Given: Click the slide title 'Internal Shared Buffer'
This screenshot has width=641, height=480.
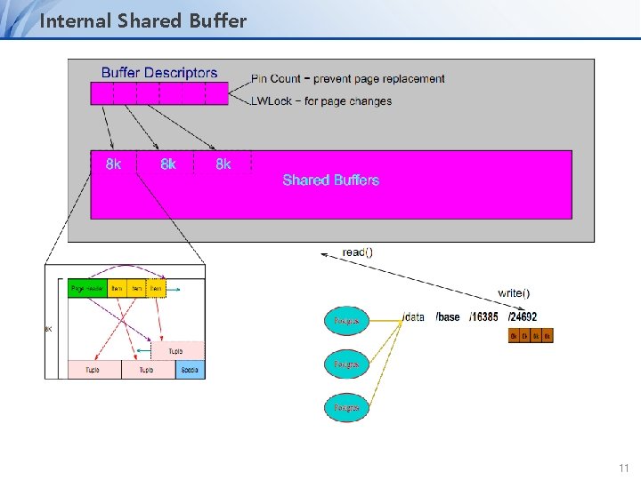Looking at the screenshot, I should [143, 20].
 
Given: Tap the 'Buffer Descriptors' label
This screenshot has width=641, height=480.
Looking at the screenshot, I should [159, 73].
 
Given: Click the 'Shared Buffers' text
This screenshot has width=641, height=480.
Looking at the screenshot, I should [330, 180].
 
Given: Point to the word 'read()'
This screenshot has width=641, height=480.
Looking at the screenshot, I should [357, 252].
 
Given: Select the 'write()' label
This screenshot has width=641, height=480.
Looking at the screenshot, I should [514, 292].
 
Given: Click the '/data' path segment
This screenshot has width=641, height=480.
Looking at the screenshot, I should [414, 317].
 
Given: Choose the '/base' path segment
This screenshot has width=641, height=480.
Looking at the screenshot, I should [448, 317].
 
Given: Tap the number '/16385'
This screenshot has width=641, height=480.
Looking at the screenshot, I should [483, 317].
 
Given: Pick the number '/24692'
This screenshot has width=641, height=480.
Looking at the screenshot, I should [523, 317].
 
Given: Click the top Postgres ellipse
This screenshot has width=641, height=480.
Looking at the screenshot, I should [346, 320].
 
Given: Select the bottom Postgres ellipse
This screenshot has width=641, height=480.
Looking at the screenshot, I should [346, 407].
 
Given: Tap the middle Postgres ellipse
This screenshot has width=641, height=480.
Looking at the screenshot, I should [346, 364].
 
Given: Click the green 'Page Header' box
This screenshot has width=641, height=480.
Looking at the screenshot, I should [87, 288].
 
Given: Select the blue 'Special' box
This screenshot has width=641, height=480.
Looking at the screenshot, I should [190, 369].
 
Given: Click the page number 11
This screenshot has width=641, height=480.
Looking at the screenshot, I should [623, 467].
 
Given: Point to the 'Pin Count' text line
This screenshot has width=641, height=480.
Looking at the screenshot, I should [348, 79].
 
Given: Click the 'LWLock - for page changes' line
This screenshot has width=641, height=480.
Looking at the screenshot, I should [321, 101].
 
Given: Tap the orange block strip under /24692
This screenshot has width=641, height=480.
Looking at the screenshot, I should [531, 335].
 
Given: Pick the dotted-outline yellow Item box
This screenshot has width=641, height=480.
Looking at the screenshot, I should [156, 288].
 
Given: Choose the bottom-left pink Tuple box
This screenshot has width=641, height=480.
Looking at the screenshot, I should [93, 369].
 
